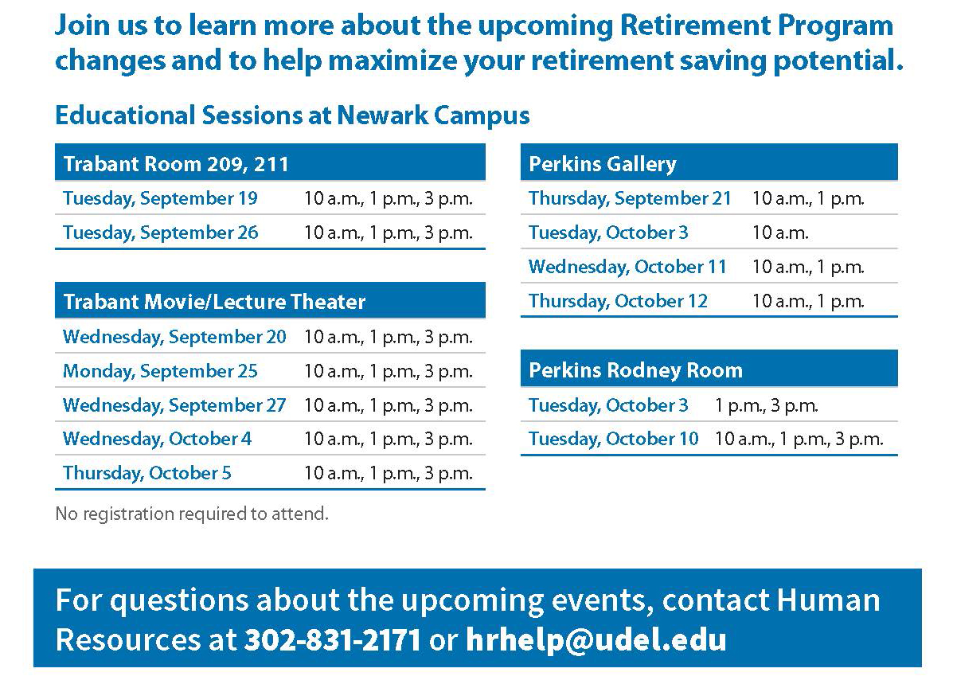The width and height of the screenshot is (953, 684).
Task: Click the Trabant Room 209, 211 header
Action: click(x=176, y=164)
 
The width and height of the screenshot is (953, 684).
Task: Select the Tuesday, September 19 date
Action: click(x=161, y=199)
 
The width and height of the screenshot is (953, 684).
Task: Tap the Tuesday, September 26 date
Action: click(x=161, y=233)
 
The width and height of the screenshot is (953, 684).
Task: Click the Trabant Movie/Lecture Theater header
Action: click(x=214, y=302)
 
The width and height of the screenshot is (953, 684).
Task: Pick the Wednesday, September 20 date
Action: click(x=174, y=338)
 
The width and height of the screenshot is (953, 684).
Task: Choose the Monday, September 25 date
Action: click(x=161, y=372)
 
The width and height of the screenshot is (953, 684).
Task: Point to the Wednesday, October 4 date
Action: click(x=157, y=439)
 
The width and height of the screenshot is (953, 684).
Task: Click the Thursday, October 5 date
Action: click(x=147, y=473)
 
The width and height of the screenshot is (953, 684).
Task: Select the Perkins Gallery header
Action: click(x=603, y=164)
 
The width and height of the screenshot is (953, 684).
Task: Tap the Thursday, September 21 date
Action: click(x=630, y=199)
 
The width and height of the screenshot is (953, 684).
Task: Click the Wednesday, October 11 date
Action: click(x=628, y=267)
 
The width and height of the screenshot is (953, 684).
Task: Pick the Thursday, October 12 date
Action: click(x=618, y=301)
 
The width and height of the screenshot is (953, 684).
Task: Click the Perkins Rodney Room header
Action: click(x=636, y=370)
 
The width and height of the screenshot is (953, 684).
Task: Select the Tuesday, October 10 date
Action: click(x=613, y=439)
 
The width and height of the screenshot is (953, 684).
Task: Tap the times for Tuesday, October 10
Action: click(x=799, y=439)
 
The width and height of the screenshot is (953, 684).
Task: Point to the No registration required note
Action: click(x=192, y=514)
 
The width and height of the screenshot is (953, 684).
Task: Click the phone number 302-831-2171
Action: click(x=333, y=639)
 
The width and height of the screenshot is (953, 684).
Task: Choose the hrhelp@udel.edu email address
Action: click(x=596, y=640)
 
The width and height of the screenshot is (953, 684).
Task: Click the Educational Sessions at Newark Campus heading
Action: click(x=292, y=115)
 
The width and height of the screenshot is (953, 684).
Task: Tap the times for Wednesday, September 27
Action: click(x=389, y=405)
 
